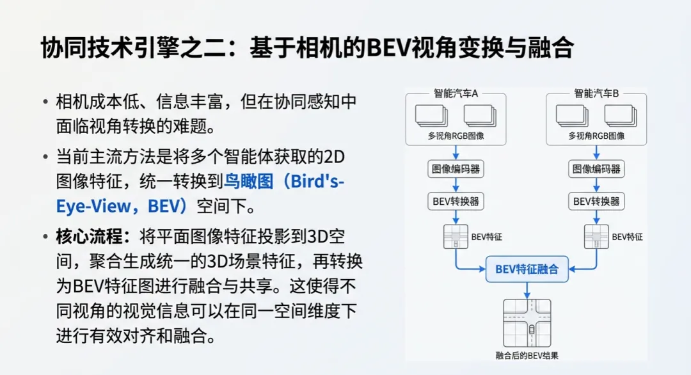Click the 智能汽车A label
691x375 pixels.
pos(456,93)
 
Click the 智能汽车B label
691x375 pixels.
pos(596,93)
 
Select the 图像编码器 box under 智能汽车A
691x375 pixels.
pos(454,170)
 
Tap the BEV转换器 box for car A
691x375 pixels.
pos(454,201)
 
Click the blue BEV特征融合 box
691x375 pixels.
pos(527,269)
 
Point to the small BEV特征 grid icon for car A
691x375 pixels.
pos(456,237)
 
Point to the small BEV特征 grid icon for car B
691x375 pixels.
pos(596,237)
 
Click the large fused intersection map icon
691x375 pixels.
pos(527,323)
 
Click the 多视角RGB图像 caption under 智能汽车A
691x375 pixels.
pos(456,136)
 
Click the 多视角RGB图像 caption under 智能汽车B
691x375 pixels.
pos(596,136)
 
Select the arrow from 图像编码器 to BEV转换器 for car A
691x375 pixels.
pos(454,186)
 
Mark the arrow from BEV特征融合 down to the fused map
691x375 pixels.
pos(527,290)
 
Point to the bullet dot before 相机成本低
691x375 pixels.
pos(45,102)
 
